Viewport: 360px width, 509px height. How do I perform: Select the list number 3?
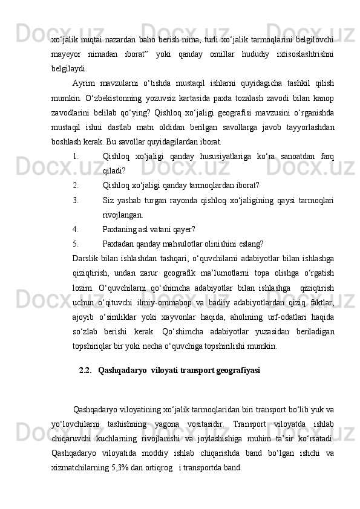click(74, 199)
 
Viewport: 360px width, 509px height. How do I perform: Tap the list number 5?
click(74, 245)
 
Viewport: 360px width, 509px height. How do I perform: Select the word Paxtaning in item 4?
click(121, 230)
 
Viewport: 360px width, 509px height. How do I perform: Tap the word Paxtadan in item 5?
click(120, 245)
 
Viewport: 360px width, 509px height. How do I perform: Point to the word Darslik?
click(85, 259)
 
